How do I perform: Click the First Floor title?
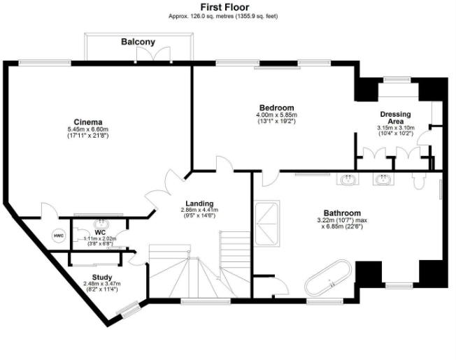225,7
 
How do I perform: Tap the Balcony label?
138,42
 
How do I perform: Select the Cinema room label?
88,122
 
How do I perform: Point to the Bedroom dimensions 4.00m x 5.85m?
276,115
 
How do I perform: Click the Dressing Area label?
396,117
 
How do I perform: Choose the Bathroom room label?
342,213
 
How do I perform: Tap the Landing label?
199,203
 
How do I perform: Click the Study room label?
102,278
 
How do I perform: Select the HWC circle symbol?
59,236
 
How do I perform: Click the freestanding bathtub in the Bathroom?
328,278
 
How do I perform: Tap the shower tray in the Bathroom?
266,224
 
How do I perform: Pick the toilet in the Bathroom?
419,181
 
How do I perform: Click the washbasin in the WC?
101,224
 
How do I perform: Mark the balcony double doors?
153,54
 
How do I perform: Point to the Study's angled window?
128,310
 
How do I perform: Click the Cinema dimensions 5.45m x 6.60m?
88,129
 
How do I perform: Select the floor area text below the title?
223,16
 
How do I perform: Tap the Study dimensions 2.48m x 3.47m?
102,284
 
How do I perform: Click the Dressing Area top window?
397,79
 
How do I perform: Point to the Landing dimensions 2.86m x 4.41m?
199,210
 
